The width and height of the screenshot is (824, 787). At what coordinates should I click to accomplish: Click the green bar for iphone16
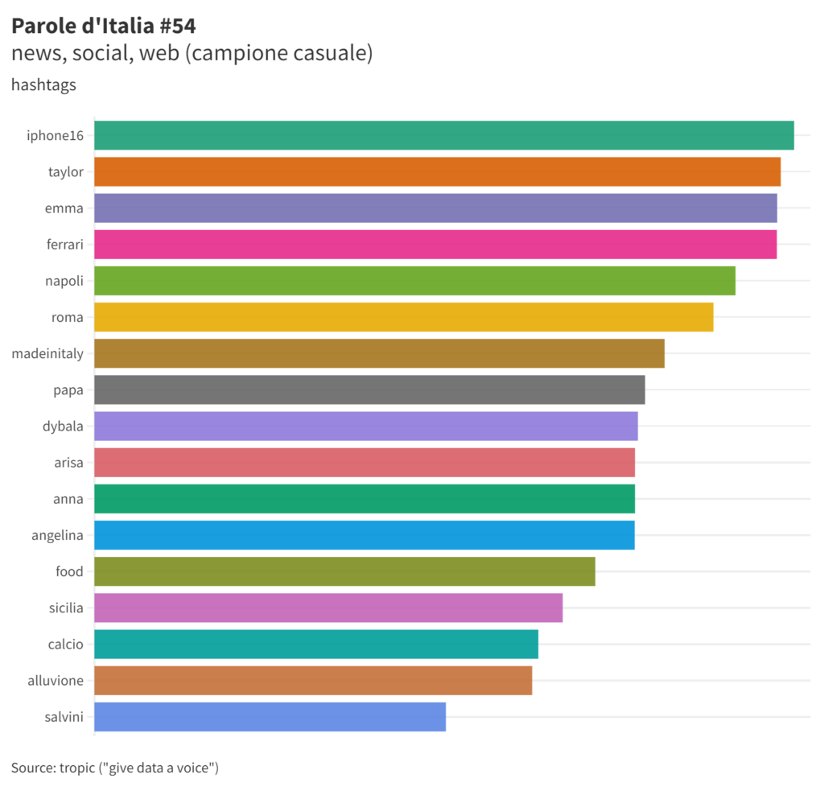[444, 135]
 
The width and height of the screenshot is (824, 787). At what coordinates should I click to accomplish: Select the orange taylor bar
[438, 171]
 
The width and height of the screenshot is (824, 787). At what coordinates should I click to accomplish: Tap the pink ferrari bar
[435, 244]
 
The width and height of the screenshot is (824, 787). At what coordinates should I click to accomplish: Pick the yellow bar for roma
[404, 317]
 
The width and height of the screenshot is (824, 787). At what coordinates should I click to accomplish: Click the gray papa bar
[369, 389]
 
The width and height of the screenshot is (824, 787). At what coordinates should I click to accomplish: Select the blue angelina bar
[365, 535]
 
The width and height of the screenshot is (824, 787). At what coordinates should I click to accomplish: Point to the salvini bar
[270, 717]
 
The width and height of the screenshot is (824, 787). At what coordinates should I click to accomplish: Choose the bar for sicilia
[328, 608]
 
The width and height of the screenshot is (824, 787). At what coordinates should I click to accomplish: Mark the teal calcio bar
[316, 644]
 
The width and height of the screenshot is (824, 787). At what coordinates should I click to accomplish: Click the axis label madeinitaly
[47, 353]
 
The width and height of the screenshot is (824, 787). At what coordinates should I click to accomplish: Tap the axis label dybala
[63, 426]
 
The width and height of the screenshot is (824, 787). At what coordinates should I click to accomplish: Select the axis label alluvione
[55, 681]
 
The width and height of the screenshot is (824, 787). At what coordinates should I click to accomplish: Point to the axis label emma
[64, 208]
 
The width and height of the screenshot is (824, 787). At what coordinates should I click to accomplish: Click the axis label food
[69, 571]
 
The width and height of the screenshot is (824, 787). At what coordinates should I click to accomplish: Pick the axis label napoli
[64, 281]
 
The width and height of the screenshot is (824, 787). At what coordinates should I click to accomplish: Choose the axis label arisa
[68, 463]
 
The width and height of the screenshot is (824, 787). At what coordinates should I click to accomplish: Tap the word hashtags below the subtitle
[43, 84]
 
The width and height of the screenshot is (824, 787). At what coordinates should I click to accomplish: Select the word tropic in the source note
[77, 767]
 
